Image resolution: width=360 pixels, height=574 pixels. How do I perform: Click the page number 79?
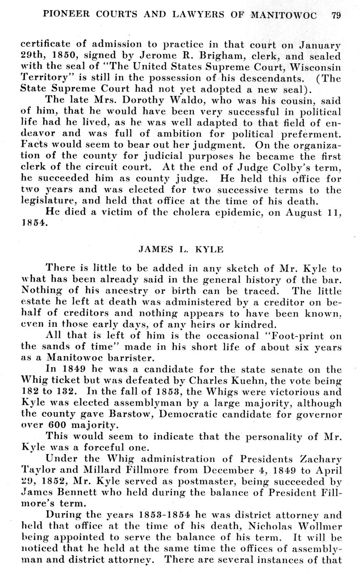point(336,15)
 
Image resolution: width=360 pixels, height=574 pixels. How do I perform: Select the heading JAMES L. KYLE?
point(181,250)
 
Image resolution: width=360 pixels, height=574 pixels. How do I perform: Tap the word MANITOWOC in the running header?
point(284,15)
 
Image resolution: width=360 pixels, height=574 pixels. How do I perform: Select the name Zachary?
point(321,459)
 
